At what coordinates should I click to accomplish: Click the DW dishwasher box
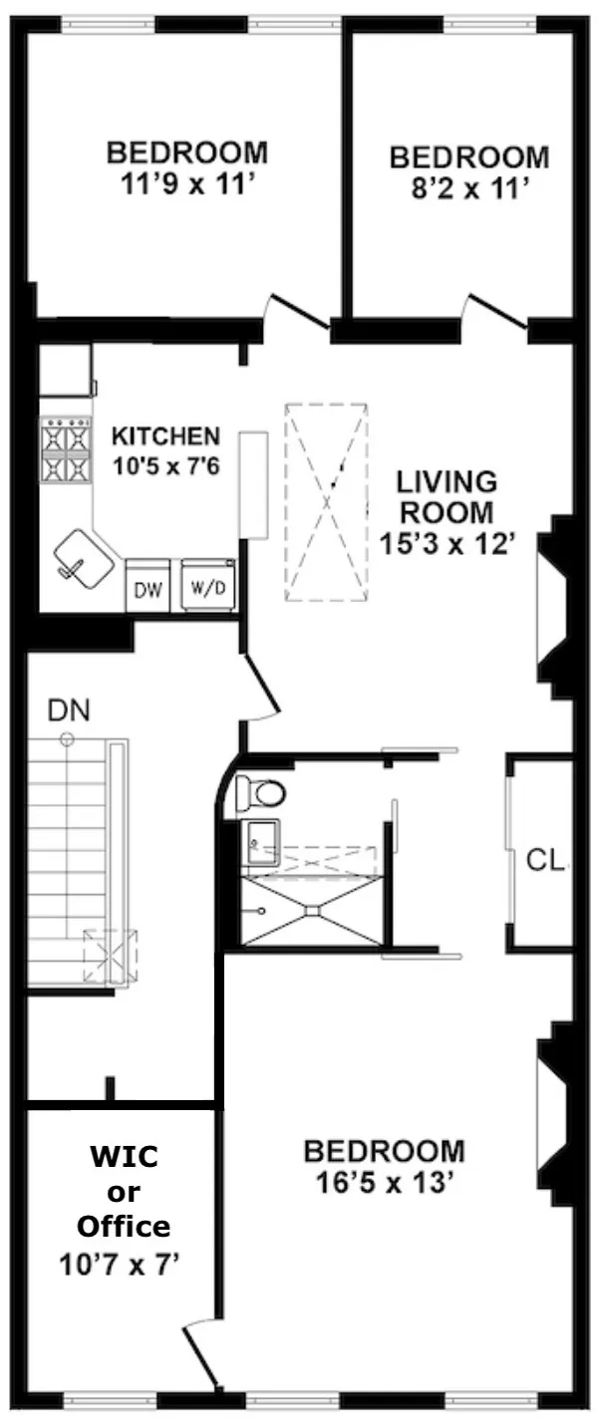[149, 588]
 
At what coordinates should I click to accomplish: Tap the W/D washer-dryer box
[209, 588]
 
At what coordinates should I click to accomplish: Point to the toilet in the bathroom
[261, 793]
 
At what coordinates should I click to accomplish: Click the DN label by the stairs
[69, 711]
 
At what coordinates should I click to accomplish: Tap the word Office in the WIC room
[124, 1226]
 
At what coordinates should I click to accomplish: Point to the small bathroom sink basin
[261, 845]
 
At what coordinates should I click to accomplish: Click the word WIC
[125, 1158]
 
